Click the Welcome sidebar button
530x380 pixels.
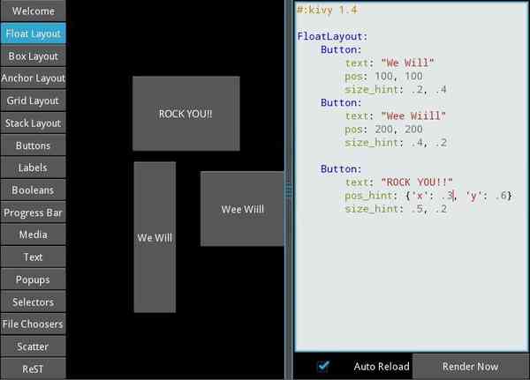[33, 11]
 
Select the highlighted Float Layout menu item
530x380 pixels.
[33, 34]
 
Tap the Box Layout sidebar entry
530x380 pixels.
[33, 56]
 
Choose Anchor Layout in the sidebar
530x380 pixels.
[33, 78]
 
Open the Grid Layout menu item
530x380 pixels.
[33, 101]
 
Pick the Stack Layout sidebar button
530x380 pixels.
[33, 123]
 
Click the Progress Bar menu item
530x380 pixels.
[33, 212]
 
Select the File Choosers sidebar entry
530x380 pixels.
[33, 324]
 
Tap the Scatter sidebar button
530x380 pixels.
[33, 346]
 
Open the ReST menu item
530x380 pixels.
[33, 369]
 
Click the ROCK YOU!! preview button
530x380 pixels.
[185, 113]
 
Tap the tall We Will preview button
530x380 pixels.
[155, 237]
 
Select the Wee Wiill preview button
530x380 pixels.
[242, 209]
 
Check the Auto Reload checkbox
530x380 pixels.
[323, 366]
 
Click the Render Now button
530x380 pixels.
[471, 366]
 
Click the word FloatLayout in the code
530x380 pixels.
[332, 36]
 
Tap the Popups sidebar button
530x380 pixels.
[33, 279]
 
